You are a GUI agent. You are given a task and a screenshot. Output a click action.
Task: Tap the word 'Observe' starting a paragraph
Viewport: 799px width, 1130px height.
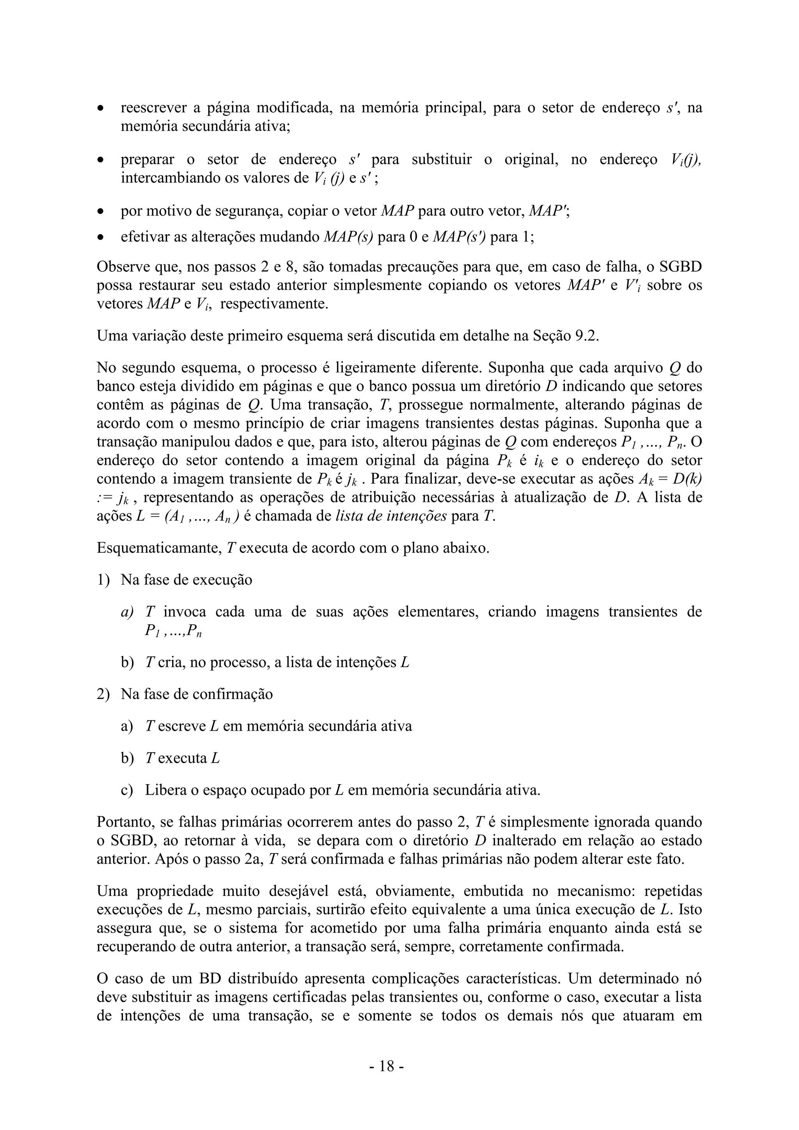tap(123, 267)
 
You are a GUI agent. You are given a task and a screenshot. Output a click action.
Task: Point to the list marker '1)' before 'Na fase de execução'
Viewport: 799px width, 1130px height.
tap(103, 580)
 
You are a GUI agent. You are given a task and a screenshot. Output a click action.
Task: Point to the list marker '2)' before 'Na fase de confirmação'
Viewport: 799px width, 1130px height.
tap(103, 694)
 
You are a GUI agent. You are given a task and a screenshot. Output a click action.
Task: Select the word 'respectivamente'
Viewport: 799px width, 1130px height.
tap(273, 304)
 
